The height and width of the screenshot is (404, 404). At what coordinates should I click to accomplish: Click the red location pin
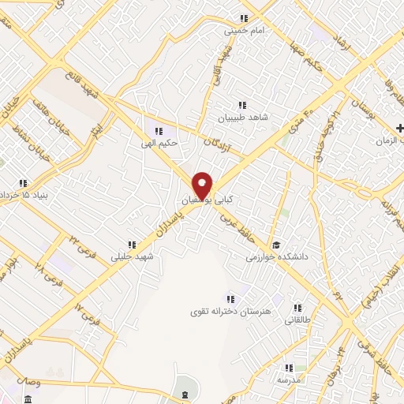point(203,185)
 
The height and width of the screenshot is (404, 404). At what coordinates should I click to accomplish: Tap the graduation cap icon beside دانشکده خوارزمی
point(275,245)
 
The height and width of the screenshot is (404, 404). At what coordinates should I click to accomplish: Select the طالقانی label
point(297,320)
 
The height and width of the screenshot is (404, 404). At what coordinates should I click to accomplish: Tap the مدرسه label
point(288,380)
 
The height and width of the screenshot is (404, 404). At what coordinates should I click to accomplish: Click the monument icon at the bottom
point(183,394)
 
